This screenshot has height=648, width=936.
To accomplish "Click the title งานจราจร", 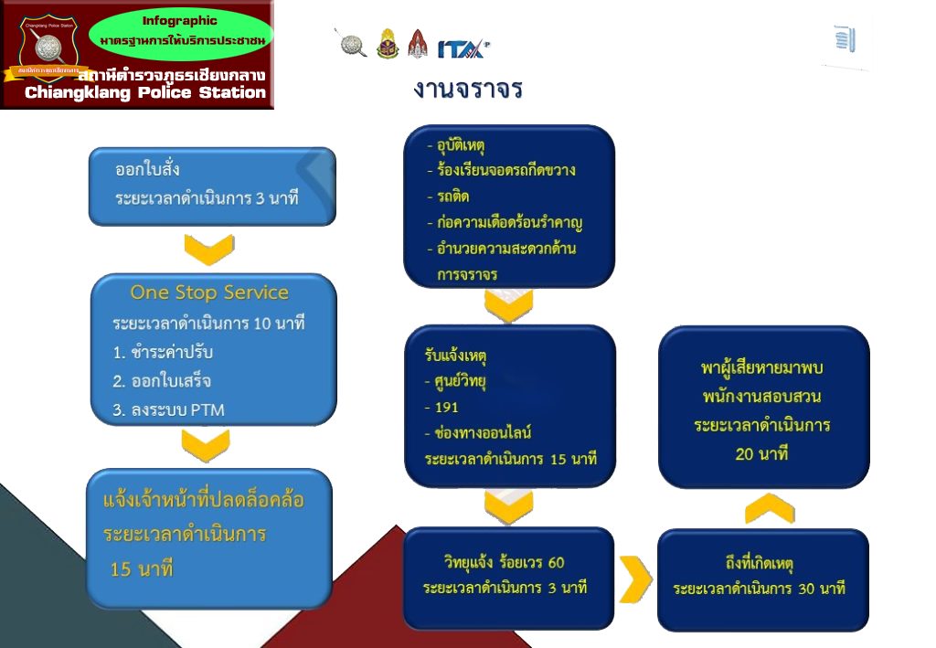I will [x=467, y=90].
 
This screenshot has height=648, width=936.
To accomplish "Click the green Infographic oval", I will [x=180, y=31].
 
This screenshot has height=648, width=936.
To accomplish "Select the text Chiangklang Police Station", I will [x=145, y=92].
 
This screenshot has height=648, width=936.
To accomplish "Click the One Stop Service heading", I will [x=209, y=292].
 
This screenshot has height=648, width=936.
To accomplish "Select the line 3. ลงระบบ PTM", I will [x=168, y=410].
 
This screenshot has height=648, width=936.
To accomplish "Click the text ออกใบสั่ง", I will [x=147, y=170].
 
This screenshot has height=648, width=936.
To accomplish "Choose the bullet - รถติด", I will [x=449, y=197].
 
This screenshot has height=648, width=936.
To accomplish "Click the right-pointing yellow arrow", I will [x=635, y=579].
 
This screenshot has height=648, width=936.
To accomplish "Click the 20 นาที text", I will [x=761, y=453].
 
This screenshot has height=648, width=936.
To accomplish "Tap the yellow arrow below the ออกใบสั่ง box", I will [x=209, y=249].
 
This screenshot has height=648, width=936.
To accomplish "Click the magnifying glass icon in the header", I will [x=353, y=43].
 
